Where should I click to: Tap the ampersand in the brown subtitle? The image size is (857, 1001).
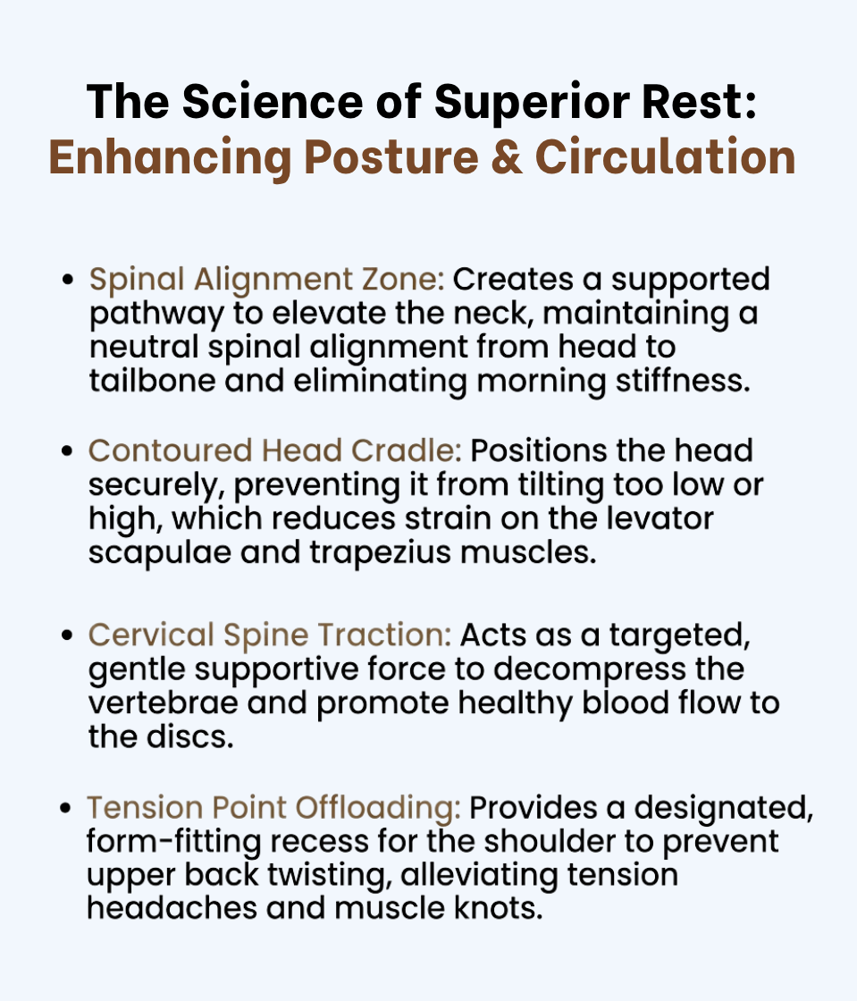(507, 157)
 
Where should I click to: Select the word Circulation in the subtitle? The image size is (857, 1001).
(666, 157)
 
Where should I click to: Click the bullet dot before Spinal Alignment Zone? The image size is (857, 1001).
(68, 281)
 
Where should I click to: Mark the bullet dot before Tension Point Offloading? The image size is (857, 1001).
(66, 808)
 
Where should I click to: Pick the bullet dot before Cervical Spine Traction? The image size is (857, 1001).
(67, 635)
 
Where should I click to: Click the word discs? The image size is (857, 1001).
(190, 737)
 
